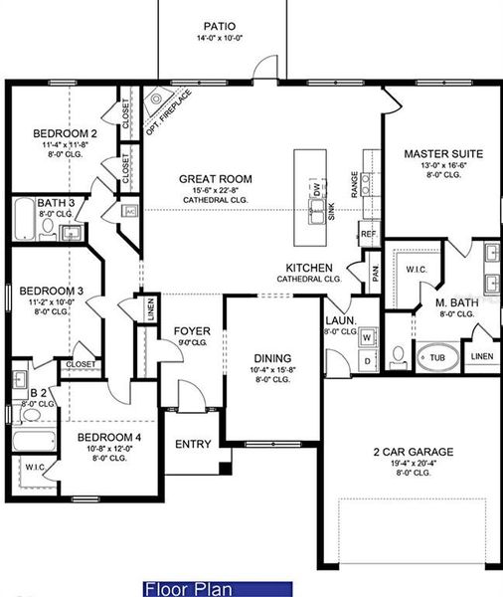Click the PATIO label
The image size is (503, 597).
[x=219, y=27]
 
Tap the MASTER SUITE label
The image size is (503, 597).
[x=442, y=154]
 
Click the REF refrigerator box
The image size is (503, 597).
[x=368, y=234]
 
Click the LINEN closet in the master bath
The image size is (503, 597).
[x=481, y=355]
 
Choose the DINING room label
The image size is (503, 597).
[x=271, y=358]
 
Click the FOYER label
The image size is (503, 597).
[x=191, y=331]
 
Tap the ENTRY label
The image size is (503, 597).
[x=193, y=444]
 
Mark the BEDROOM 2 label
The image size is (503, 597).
[x=64, y=133]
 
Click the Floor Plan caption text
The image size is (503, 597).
[x=182, y=588]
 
